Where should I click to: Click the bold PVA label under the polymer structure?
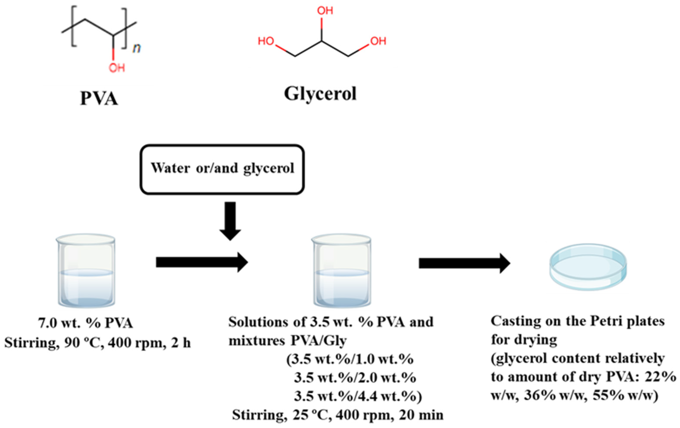[x=99, y=99]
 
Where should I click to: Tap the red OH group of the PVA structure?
[x=117, y=68]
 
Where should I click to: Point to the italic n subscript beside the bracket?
[x=137, y=48]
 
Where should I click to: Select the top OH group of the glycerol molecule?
[x=325, y=11]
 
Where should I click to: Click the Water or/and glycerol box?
[x=222, y=169]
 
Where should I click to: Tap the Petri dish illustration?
[x=588, y=267]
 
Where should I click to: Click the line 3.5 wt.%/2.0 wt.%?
[x=355, y=378]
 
